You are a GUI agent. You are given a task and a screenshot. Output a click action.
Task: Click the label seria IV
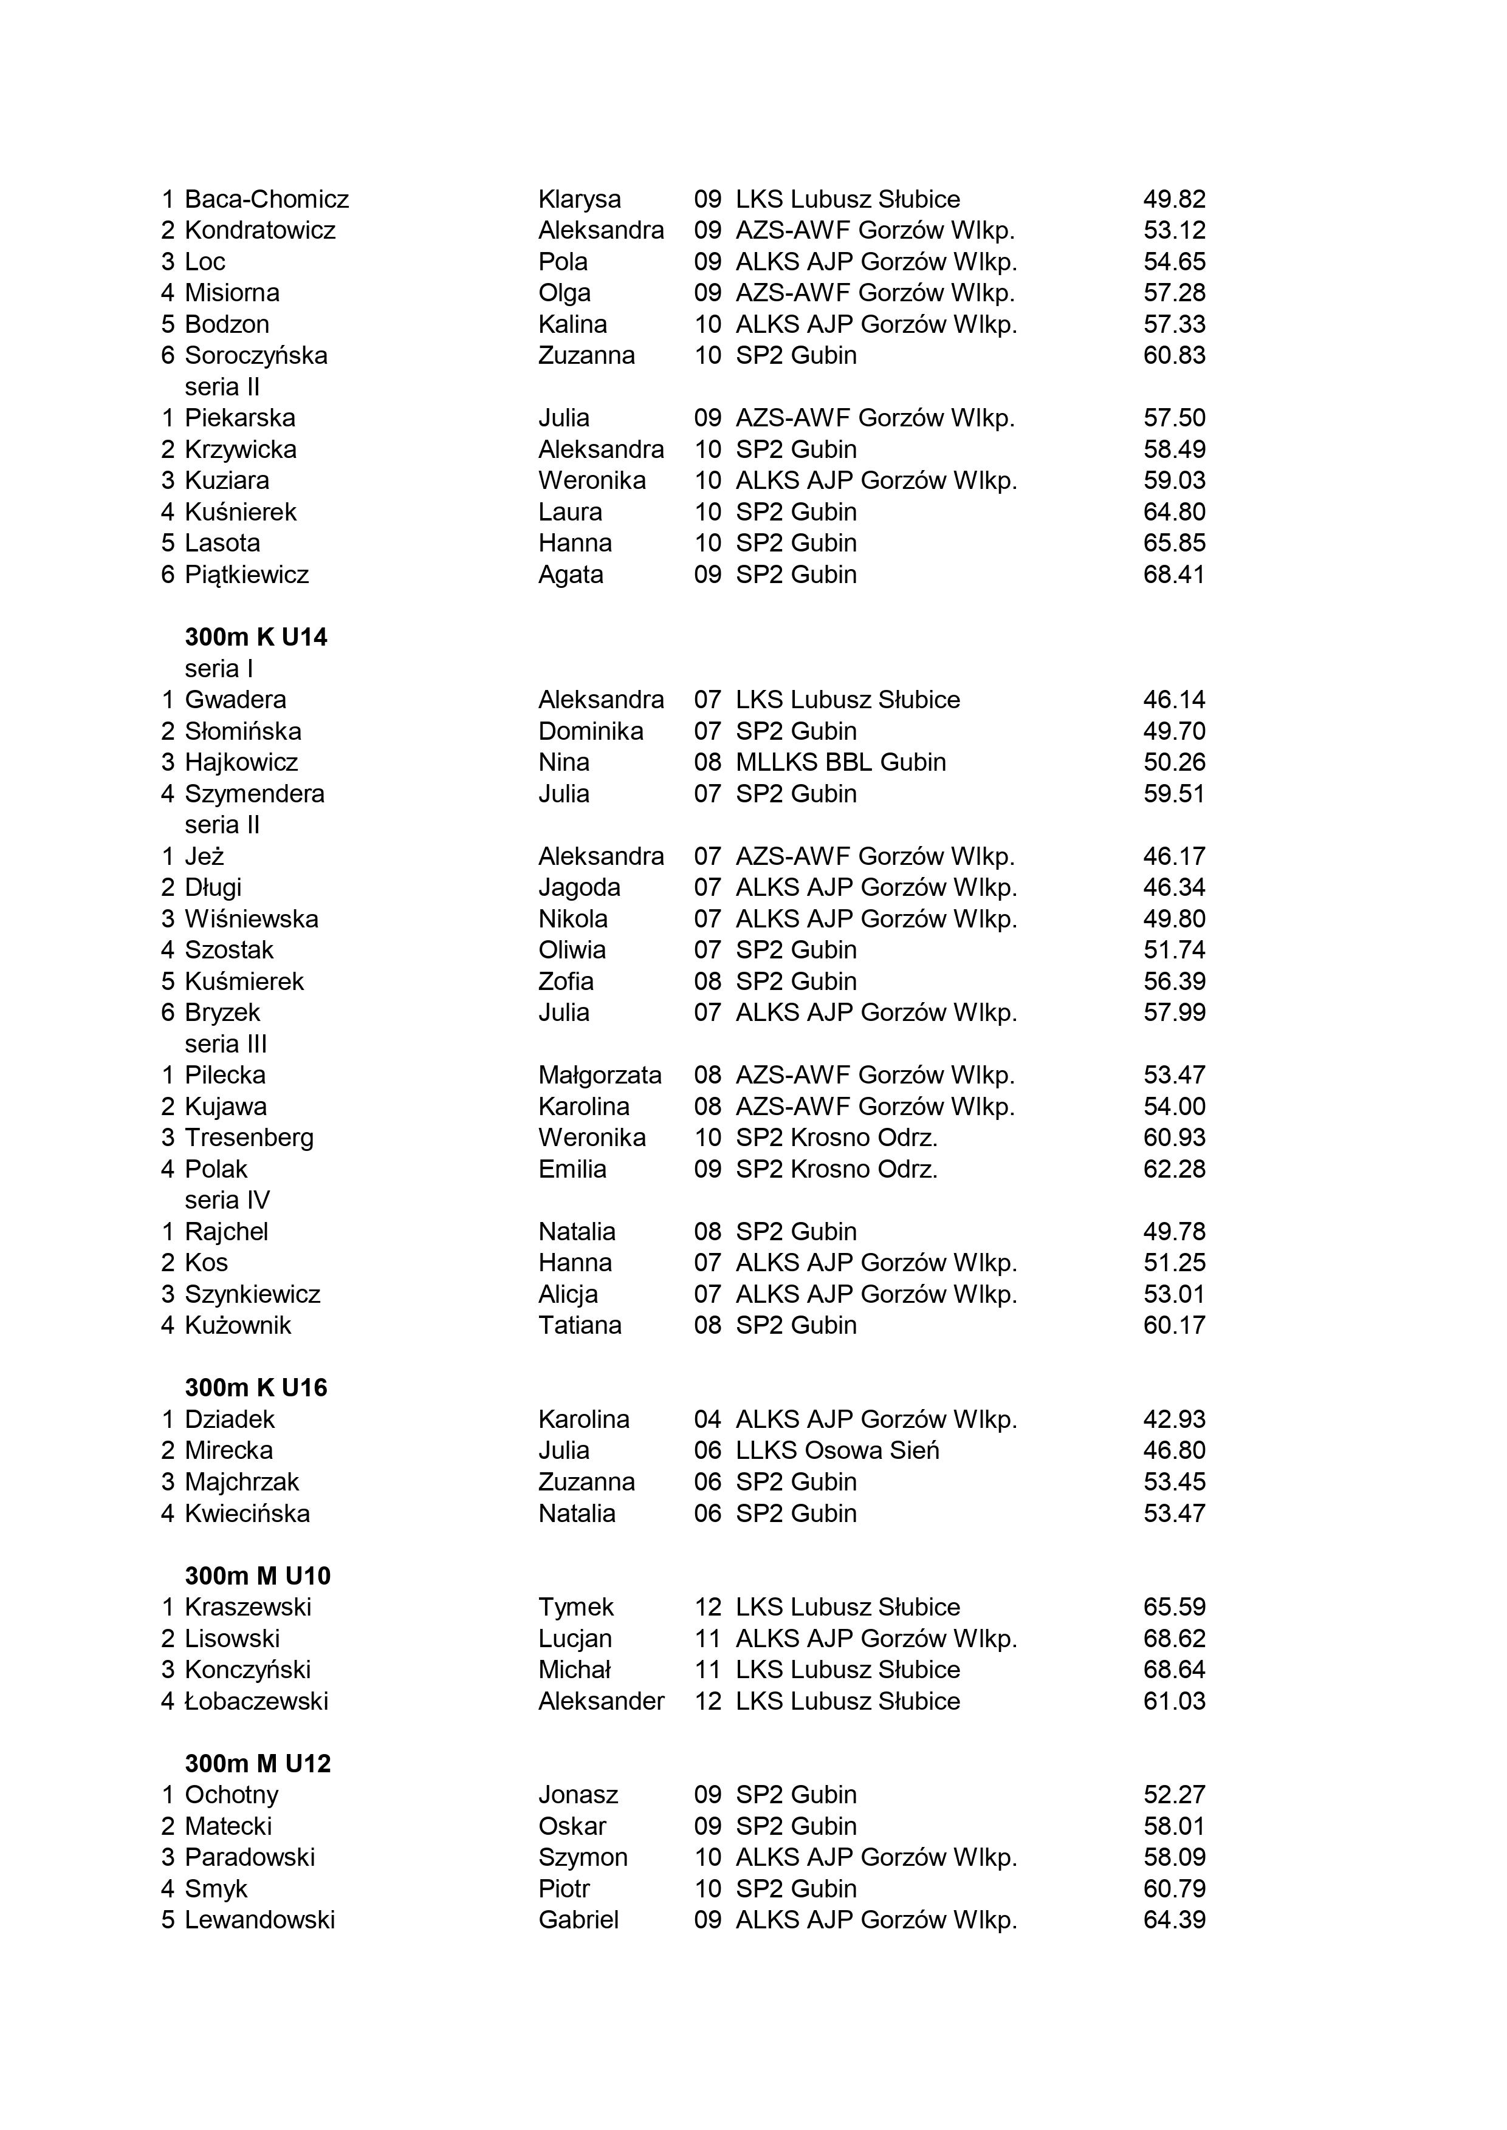tap(227, 1201)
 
